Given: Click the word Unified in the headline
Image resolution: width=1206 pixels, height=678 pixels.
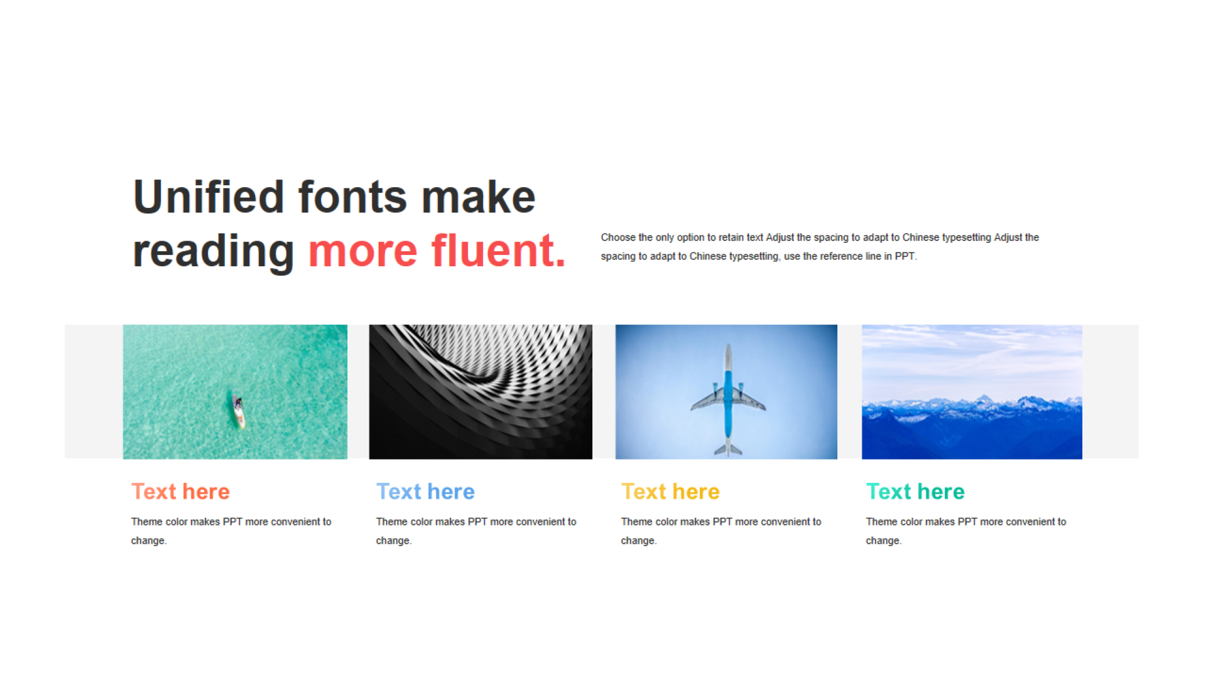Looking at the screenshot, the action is (209, 196).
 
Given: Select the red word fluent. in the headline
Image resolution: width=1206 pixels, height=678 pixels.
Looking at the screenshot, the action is (499, 250).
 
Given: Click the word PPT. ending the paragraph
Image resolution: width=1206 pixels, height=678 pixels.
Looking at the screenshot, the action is (906, 256).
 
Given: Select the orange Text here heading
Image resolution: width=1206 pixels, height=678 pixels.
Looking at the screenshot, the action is (180, 492).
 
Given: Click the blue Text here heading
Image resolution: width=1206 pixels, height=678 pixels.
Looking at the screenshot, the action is (425, 492).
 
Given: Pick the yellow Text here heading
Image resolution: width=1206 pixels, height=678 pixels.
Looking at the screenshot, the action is (670, 492).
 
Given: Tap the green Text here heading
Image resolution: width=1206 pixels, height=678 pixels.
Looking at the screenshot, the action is (915, 492).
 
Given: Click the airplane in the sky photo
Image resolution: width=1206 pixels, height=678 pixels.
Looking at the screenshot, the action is (728, 399).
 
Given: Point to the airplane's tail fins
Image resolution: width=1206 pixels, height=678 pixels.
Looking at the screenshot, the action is (728, 449).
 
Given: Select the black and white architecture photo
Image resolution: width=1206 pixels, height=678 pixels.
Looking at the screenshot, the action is (481, 392).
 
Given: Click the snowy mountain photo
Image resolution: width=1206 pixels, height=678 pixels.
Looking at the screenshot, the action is (972, 392).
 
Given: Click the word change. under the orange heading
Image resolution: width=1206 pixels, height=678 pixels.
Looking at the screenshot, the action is (149, 541).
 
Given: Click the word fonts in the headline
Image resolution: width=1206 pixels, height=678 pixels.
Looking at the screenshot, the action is (352, 196).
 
